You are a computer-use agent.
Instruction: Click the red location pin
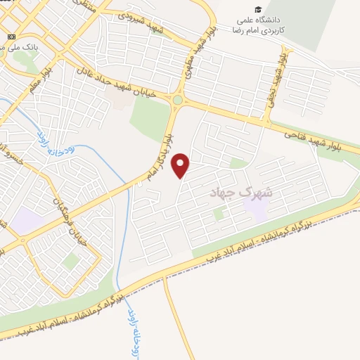coord(181,165)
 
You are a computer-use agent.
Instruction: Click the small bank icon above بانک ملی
coord(9,36)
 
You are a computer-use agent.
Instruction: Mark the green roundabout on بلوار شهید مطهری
coord(177,101)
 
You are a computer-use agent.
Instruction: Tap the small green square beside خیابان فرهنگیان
coord(70,262)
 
